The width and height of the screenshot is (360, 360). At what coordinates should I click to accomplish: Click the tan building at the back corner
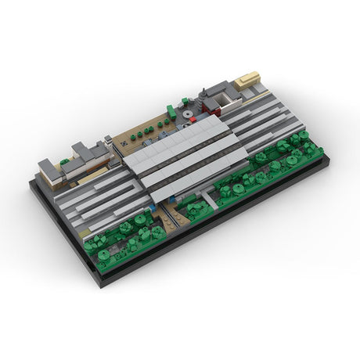(247, 79)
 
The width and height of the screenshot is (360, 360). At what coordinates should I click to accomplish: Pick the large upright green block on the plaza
(171, 113)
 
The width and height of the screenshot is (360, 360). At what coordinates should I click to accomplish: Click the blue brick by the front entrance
(162, 209)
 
